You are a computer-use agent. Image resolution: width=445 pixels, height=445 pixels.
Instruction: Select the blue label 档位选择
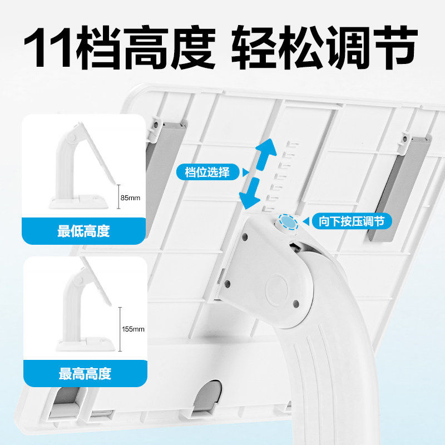(206, 172)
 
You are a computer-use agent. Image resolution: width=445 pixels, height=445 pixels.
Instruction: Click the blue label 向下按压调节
(351, 221)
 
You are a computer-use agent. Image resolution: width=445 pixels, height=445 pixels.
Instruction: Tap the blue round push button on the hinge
(288, 223)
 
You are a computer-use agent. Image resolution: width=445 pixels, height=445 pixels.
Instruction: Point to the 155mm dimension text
(133, 329)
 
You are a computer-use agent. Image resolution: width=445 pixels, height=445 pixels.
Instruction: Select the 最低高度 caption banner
(83, 231)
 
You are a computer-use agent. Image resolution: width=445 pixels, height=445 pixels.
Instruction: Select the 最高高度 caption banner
(83, 373)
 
